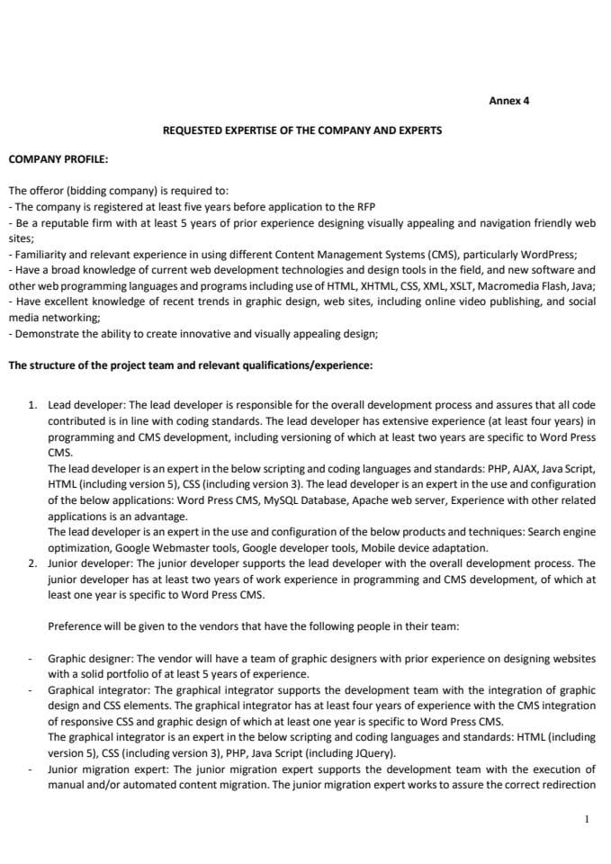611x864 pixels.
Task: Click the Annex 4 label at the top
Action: point(508,101)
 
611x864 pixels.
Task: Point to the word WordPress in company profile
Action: point(550,254)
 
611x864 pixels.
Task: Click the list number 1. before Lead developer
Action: point(32,406)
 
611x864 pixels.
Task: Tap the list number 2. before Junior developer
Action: point(32,562)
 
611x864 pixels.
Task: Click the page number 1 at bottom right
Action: point(587,819)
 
